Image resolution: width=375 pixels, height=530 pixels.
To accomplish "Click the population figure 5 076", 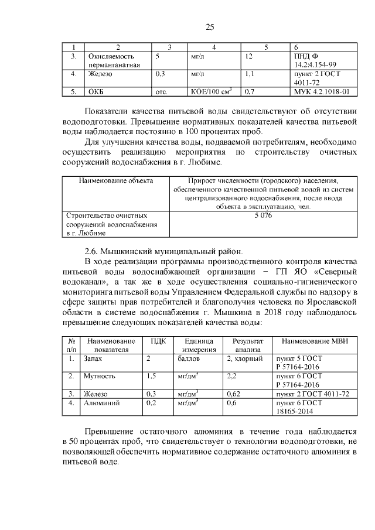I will coord(262,216).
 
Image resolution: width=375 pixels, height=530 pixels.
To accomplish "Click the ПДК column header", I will coord(158,341).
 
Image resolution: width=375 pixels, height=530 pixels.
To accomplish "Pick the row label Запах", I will coord(93,357).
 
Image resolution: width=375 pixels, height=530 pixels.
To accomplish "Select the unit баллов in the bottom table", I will coord(189,357).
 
